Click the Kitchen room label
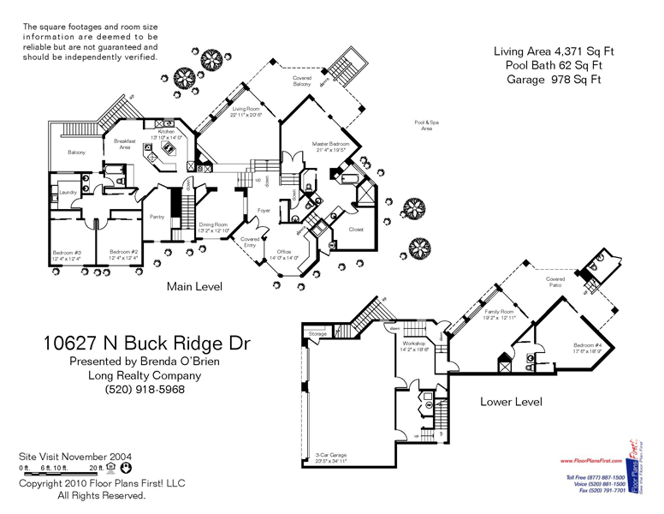click(165, 131)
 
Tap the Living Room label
click(246, 110)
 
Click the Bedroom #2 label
click(123, 253)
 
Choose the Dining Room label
click(213, 224)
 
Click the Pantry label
click(157, 217)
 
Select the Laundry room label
click(68, 193)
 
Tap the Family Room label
click(500, 311)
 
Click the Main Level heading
click(194, 287)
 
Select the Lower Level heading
click(511, 401)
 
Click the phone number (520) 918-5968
click(145, 390)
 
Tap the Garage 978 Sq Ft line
click(548, 79)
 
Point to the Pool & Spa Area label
click(425, 125)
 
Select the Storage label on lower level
click(318, 333)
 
